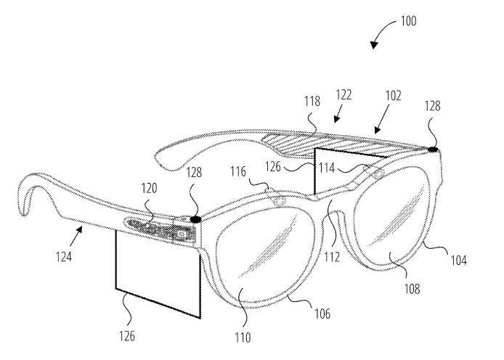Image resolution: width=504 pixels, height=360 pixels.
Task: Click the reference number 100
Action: (407, 21)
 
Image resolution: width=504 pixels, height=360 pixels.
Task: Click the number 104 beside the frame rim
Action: (460, 258)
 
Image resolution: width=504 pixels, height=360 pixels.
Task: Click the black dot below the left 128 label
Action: (195, 218)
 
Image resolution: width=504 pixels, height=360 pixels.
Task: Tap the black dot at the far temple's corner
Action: (434, 150)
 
